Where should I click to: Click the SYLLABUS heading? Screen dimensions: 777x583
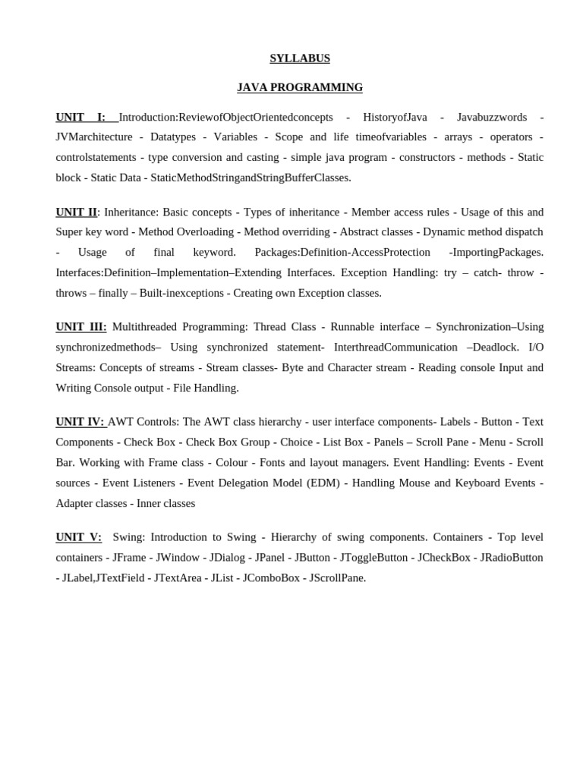coord(300,58)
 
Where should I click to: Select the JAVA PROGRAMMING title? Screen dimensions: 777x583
coord(300,87)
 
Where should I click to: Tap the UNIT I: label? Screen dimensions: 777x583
coord(80,117)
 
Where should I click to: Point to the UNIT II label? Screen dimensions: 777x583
coord(76,212)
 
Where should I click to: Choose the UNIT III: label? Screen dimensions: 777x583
coord(81,326)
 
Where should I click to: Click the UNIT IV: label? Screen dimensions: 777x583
coord(80,421)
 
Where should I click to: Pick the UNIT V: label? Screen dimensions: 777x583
coord(78,536)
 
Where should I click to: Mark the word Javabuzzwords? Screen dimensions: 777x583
coord(491,117)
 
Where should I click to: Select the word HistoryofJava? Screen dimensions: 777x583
coord(395,117)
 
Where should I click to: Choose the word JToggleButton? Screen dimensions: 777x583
coord(373,557)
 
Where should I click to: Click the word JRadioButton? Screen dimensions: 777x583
coord(512,557)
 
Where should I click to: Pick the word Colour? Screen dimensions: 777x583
coord(232,462)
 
